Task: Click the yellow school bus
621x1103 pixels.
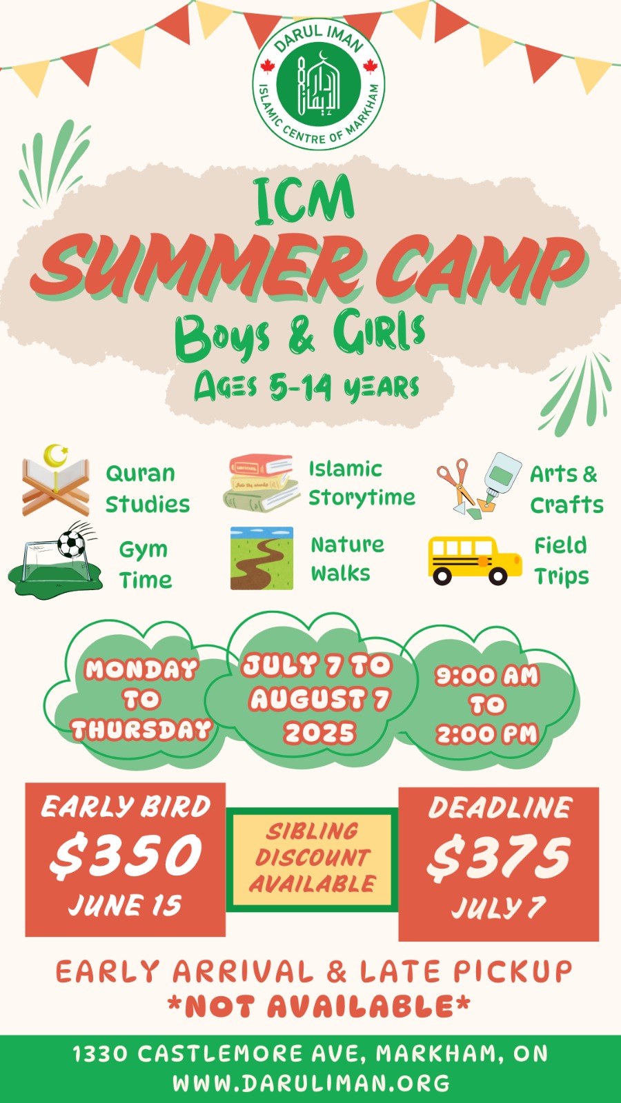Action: point(475,560)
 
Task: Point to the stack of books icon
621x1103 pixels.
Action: point(261,483)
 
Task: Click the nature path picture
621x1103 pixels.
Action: point(262,558)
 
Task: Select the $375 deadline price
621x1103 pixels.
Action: point(498,859)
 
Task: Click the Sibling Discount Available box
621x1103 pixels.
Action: point(312,859)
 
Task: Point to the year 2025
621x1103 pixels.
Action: point(319,733)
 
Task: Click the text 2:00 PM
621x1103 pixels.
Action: point(487,734)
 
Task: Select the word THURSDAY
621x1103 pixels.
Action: point(141,729)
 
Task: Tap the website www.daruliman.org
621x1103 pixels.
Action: point(311,1083)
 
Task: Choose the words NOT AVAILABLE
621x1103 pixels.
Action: point(318,1006)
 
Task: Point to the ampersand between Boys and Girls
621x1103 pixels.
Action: point(302,337)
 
